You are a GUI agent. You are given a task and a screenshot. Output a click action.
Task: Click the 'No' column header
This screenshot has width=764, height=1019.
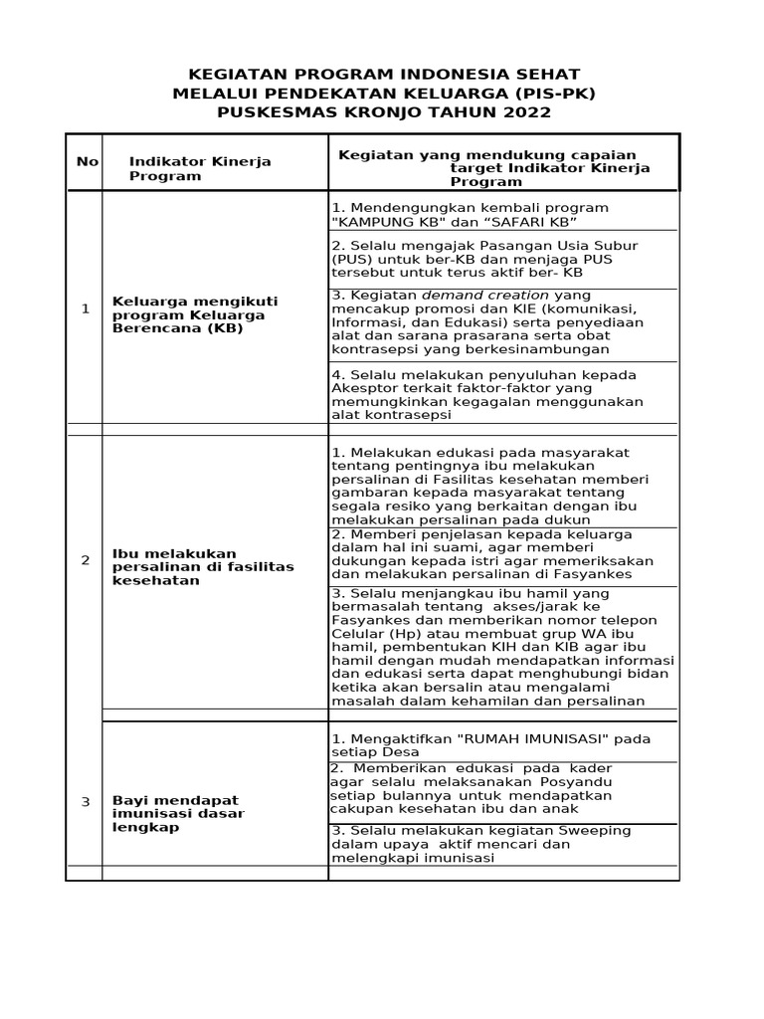click(x=87, y=161)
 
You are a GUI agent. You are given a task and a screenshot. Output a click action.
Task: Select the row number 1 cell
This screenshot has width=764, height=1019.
click(x=86, y=308)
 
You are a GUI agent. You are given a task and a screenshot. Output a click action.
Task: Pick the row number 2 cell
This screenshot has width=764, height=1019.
click(x=86, y=560)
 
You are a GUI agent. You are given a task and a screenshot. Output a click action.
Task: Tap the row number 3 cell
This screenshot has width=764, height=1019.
click(x=86, y=801)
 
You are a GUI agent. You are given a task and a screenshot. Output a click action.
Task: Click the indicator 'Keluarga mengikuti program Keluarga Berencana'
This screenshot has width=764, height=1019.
click(x=195, y=314)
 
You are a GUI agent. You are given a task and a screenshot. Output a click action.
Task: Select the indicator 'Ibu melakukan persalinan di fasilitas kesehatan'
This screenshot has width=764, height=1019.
click(x=203, y=566)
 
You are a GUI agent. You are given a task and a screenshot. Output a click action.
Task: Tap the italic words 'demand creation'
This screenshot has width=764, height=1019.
click(x=485, y=296)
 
